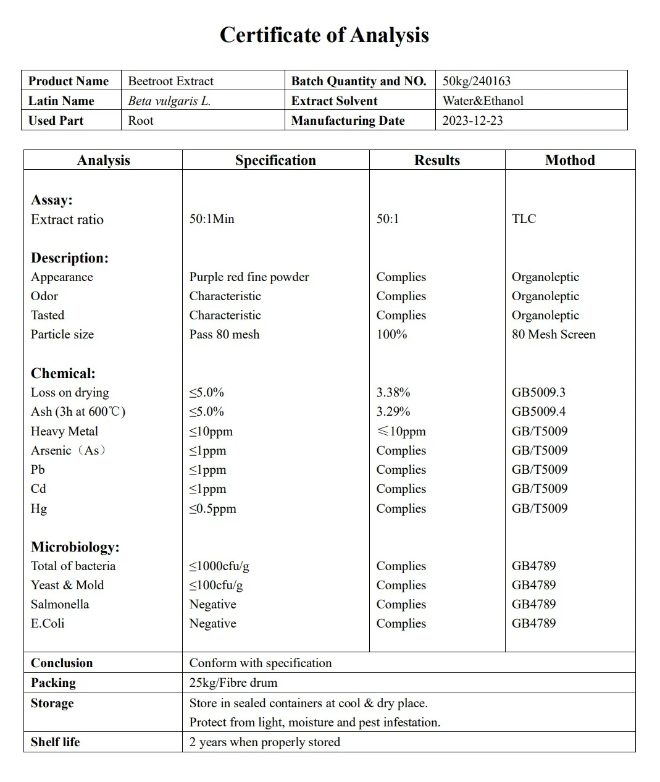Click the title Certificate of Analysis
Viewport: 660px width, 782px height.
324,35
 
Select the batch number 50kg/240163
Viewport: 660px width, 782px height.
476,81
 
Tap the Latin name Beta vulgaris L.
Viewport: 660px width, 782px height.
169,101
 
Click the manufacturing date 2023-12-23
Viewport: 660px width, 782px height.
472,120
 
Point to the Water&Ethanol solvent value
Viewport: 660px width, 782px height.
483,101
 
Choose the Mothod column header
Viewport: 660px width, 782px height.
570,160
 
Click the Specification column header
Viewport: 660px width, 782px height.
275,160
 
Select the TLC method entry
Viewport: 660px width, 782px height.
524,219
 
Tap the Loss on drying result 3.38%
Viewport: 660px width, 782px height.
393,392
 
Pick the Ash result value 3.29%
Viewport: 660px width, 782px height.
393,411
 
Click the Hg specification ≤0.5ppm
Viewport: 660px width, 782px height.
212,508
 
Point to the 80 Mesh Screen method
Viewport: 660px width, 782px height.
553,334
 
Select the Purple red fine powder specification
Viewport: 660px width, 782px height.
249,277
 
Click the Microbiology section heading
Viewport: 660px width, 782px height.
75,547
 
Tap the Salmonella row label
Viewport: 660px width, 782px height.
60,604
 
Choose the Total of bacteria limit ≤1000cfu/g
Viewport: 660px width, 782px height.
219,566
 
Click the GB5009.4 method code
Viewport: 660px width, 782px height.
538,411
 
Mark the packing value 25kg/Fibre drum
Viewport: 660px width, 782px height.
233,683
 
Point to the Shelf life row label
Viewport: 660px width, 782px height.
55,742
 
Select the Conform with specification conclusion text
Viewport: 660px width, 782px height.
261,663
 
